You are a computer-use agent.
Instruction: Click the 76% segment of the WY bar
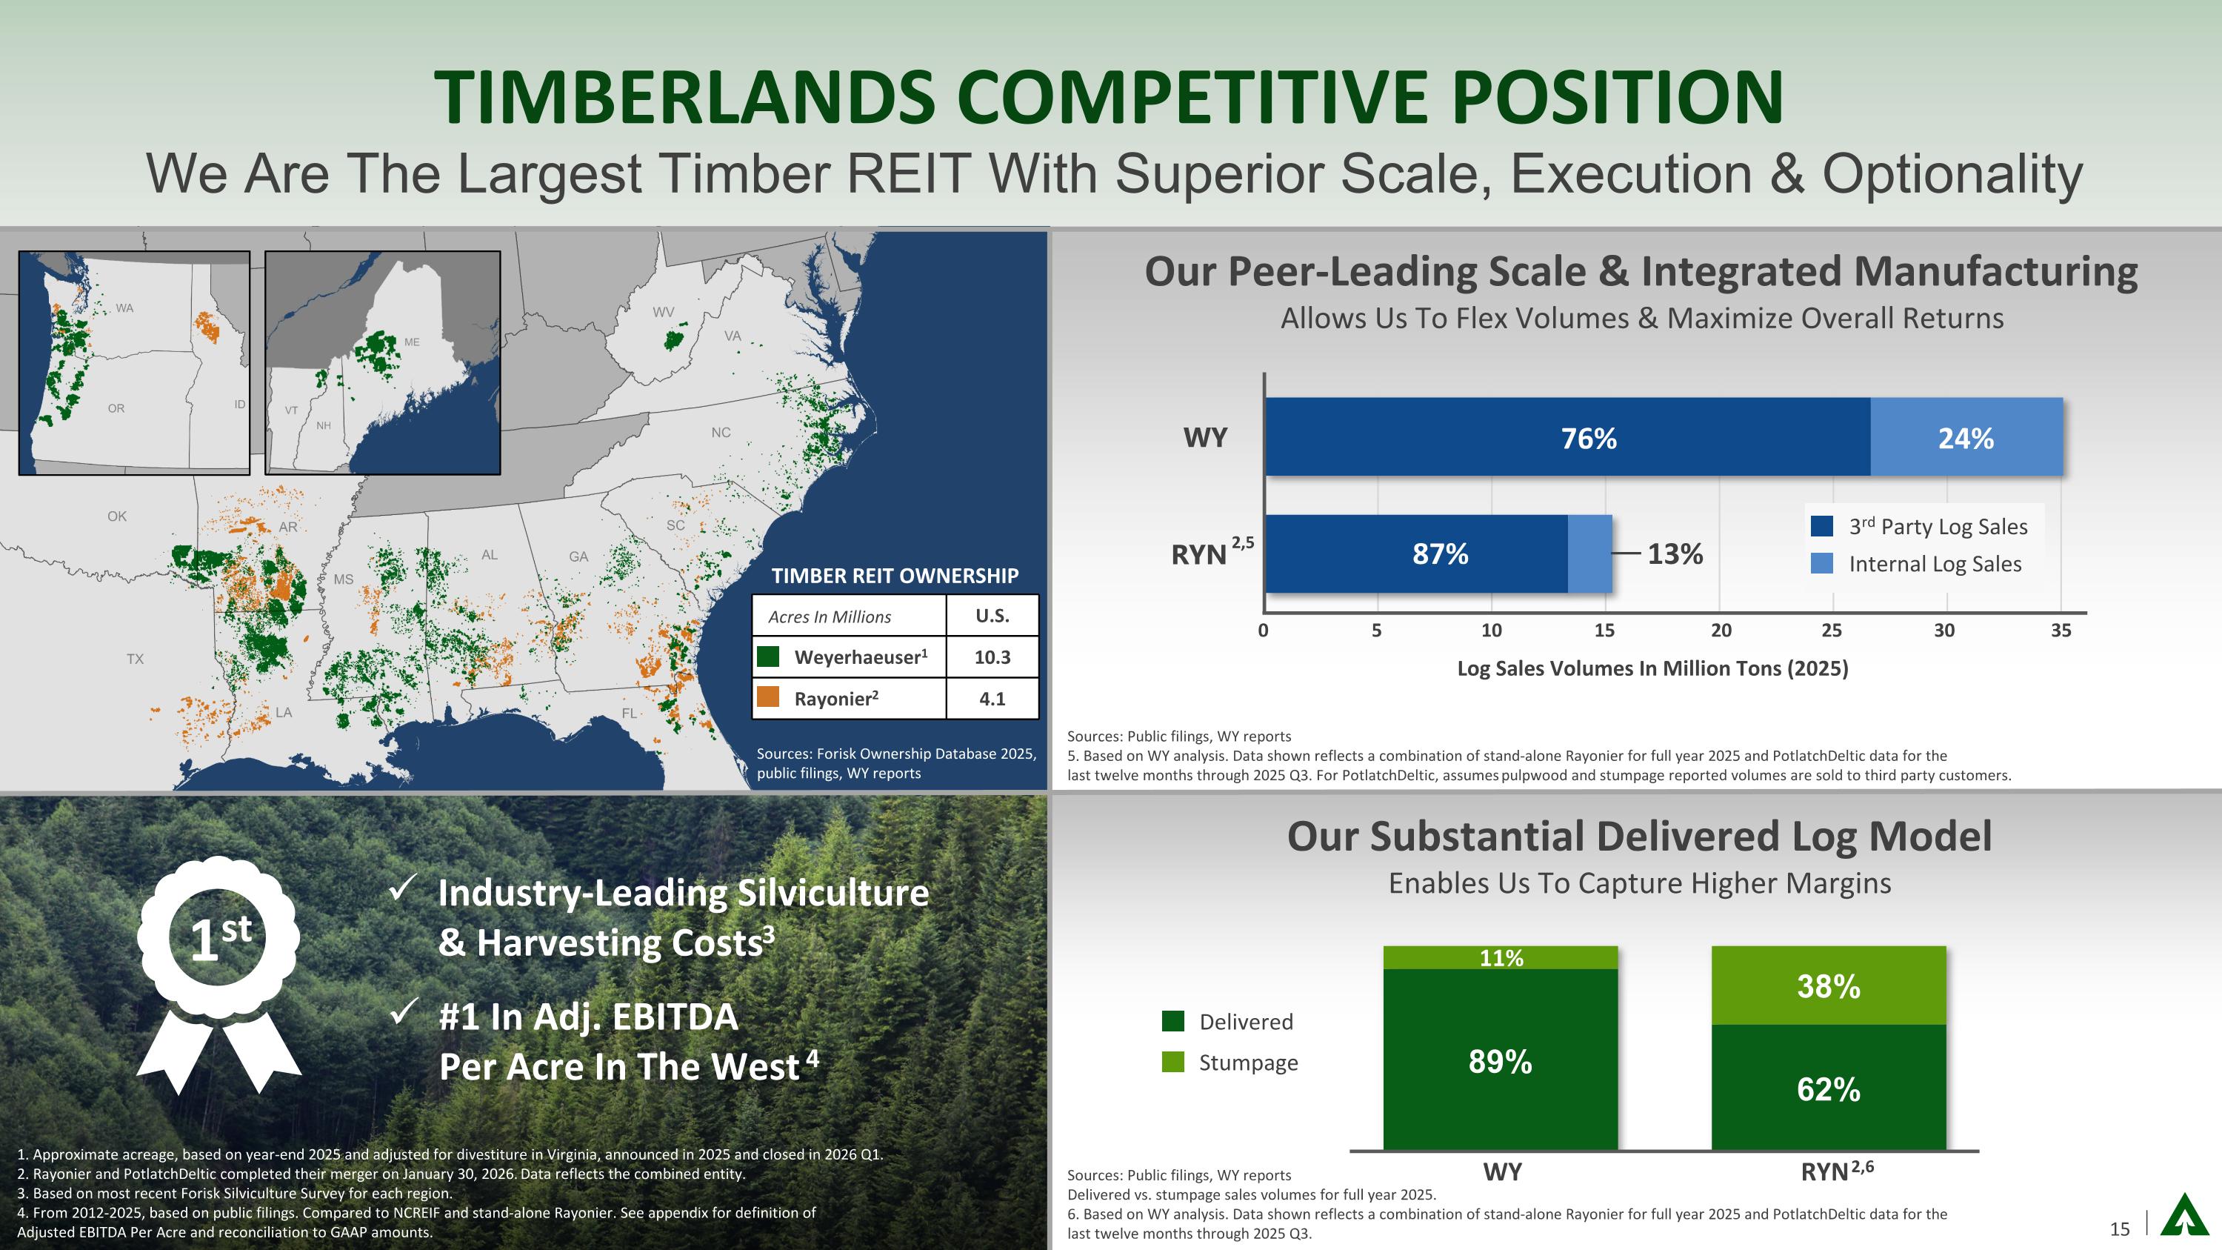pyautogui.click(x=1567, y=436)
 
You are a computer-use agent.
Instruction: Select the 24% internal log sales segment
pyautogui.click(x=1966, y=436)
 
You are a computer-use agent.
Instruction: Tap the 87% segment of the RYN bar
pyautogui.click(x=1416, y=553)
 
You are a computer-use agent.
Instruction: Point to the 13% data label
pyautogui.click(x=1675, y=553)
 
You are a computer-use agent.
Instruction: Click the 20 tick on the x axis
pyautogui.click(x=1721, y=631)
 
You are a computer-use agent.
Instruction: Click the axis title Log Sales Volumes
pyautogui.click(x=1652, y=668)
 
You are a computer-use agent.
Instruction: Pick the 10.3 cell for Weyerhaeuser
pyautogui.click(x=992, y=657)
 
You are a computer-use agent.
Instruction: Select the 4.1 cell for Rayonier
pyautogui.click(x=992, y=699)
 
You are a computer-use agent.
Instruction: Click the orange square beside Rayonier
pyautogui.click(x=767, y=697)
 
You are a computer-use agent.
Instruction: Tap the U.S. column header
pyautogui.click(x=992, y=616)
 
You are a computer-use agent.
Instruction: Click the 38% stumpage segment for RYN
pyautogui.click(x=1829, y=985)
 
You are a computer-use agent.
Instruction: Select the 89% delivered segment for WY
pyautogui.click(x=1501, y=1060)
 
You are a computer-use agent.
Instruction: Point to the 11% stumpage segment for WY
pyautogui.click(x=1501, y=957)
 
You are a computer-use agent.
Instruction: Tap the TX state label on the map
pyautogui.click(x=136, y=659)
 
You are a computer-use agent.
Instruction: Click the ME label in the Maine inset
pyautogui.click(x=413, y=342)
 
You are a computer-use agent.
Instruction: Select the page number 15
pyautogui.click(x=2119, y=1229)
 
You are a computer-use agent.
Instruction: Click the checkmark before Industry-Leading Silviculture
pyautogui.click(x=404, y=888)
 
